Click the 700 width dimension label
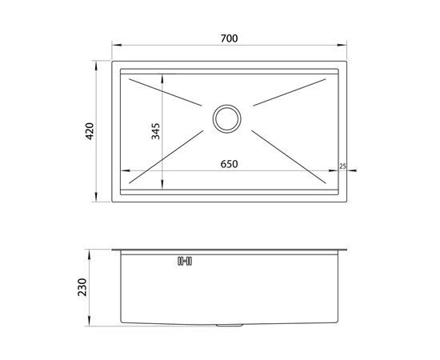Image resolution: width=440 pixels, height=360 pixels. coord(229,38)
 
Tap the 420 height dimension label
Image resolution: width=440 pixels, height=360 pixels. coord(90,131)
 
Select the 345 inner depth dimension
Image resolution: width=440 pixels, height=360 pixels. coord(155,131)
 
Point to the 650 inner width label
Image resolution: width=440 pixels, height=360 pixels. coord(229,164)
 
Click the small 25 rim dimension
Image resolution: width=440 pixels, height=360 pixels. coord(342,166)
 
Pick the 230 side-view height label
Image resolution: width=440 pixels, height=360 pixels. coord(82,287)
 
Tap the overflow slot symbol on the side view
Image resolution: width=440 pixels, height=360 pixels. coord(185,262)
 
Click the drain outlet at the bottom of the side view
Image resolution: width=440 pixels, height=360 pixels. coord(229,326)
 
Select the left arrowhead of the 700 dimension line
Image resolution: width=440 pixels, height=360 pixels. coord(117,45)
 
